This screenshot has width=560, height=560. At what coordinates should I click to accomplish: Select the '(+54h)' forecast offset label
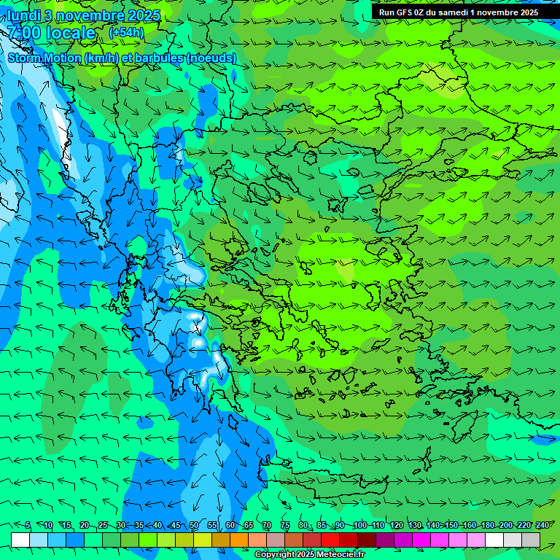126,32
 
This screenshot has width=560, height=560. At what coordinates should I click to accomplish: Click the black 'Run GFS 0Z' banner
458,12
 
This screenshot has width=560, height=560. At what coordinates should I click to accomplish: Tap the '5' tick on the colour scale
28,526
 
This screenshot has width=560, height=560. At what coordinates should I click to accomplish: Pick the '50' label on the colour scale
194,526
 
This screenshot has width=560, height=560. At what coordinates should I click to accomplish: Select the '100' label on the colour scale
359,526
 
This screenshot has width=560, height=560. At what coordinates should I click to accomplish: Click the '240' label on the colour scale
542,526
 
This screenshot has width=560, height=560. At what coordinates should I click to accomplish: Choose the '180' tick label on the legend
488,526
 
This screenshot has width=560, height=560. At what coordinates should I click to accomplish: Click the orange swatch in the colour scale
239,540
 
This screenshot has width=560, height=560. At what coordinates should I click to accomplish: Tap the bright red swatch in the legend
330,540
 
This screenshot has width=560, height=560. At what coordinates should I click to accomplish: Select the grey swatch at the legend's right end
531,540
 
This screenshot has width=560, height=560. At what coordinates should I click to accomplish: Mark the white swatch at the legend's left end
20,540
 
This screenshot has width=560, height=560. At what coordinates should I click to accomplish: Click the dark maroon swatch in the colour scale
367,540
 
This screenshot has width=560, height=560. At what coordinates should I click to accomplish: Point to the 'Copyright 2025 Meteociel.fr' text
309,555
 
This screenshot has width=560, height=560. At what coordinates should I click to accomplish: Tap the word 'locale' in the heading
70,33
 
